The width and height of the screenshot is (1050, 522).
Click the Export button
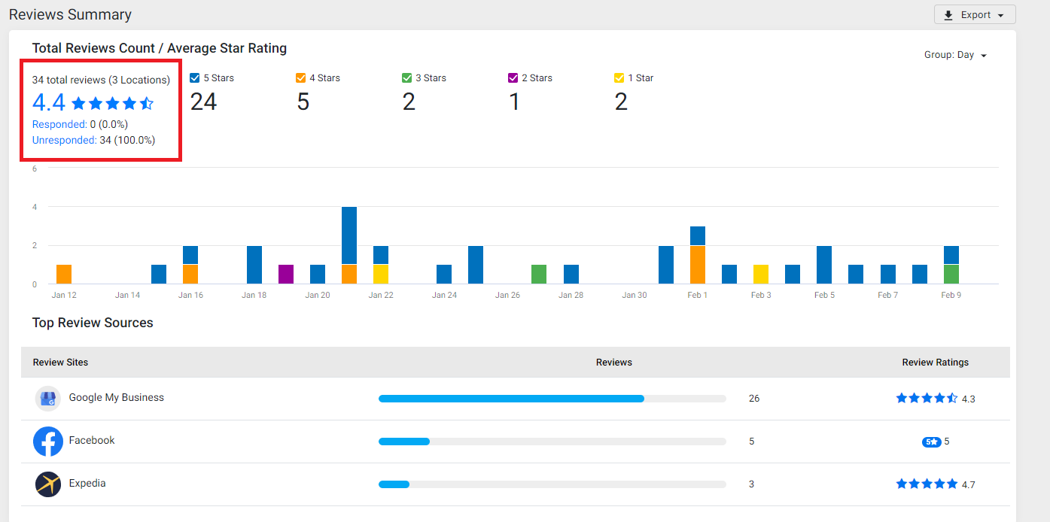[975, 14]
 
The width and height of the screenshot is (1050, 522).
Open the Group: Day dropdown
[955, 55]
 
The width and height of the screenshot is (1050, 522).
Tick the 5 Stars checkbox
[194, 77]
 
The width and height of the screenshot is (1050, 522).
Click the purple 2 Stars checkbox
[513, 77]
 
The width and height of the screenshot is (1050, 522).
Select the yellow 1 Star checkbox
[619, 77]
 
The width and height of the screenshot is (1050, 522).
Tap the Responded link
[59, 124]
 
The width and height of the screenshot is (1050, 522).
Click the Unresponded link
[64, 140]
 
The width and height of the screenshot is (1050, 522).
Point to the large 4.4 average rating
[48, 102]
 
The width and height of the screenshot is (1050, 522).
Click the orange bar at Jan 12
[64, 274]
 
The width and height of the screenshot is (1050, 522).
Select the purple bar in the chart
[286, 274]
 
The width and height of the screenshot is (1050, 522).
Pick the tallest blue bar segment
[349, 235]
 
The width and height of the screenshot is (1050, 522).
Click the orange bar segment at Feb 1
[698, 265]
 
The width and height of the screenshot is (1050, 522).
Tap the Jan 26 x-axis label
[507, 295]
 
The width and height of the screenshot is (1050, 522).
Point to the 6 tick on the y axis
[35, 168]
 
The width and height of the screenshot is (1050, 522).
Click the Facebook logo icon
[48, 442]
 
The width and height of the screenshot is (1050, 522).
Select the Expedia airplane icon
[48, 484]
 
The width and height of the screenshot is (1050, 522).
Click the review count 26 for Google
[754, 399]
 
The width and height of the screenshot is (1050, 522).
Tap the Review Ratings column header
[935, 363]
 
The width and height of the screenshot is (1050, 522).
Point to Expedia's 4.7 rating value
[969, 484]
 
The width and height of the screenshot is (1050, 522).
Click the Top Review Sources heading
[93, 323]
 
